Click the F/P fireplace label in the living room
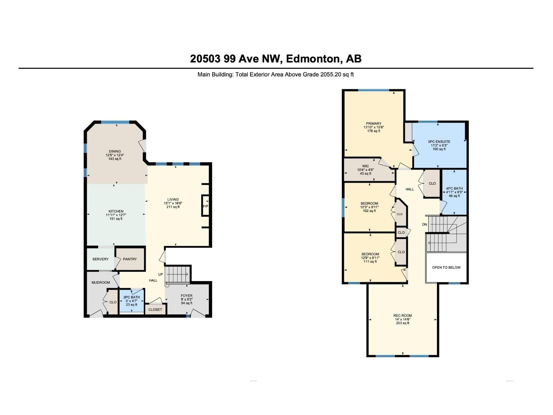(205, 206)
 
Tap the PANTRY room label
(130, 259)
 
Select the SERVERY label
(100, 259)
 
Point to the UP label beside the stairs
(160, 274)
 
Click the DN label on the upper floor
(424, 224)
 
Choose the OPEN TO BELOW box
(446, 267)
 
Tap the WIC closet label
(365, 166)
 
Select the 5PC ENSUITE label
(439, 141)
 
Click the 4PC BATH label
(454, 188)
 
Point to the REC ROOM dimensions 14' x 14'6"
(403, 319)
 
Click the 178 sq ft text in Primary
(374, 131)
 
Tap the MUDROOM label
(101, 283)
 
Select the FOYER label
(187, 296)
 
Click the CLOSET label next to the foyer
(155, 310)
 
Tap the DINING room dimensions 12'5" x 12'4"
(115, 155)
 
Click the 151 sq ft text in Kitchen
(116, 219)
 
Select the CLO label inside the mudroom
(113, 302)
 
